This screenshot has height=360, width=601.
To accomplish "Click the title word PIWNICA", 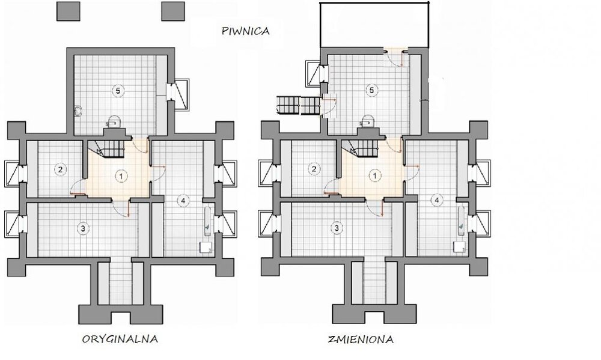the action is pyautogui.click(x=246, y=31).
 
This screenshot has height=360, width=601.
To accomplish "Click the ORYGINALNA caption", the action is pyautogui.click(x=120, y=339).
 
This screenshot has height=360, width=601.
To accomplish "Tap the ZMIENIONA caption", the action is pyautogui.click(x=361, y=340).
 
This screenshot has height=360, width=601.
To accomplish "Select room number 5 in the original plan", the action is pyautogui.click(x=118, y=91).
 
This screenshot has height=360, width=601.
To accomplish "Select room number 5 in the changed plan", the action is pyautogui.click(x=371, y=91).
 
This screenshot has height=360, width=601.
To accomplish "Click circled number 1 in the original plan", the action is pyautogui.click(x=121, y=176).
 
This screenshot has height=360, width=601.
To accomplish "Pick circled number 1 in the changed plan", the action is pyautogui.click(x=375, y=176).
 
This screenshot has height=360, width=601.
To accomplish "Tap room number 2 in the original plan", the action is pyautogui.click(x=60, y=169).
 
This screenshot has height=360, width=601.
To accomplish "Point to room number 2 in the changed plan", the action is pyautogui.click(x=314, y=169).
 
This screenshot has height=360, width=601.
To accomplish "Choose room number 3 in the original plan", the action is pyautogui.click(x=83, y=228).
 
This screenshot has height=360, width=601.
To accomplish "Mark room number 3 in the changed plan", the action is pyautogui.click(x=337, y=228).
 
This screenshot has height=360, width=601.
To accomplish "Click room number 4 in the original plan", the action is pyautogui.click(x=183, y=200).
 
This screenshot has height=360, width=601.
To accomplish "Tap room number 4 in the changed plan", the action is pyautogui.click(x=436, y=200).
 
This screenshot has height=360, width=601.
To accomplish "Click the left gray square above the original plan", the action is pyautogui.click(x=69, y=11).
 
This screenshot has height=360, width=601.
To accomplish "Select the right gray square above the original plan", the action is pyautogui.click(x=173, y=11).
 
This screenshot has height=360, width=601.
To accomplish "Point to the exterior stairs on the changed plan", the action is pyautogui.click(x=299, y=105).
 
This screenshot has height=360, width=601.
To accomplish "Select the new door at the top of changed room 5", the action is pyautogui.click(x=396, y=56).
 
